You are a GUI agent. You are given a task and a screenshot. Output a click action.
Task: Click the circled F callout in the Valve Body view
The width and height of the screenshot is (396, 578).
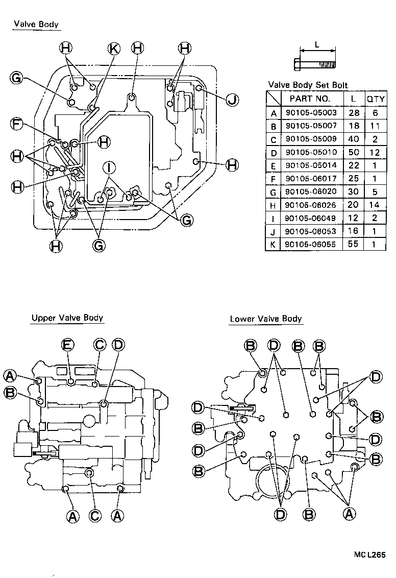tap(17, 123)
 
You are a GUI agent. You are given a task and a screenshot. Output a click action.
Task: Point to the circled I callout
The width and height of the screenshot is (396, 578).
tap(109, 166)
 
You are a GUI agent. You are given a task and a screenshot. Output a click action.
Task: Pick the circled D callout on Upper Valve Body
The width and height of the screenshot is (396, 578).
tap(117, 345)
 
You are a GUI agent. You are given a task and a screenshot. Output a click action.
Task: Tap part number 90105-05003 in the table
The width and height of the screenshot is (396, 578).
tap(310, 112)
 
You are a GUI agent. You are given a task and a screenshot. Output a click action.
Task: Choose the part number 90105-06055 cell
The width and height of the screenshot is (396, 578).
tap(310, 244)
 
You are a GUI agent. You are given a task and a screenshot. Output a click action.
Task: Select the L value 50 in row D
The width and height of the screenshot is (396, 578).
tap(353, 152)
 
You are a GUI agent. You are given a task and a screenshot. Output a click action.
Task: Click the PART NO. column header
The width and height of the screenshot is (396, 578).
tap(310, 99)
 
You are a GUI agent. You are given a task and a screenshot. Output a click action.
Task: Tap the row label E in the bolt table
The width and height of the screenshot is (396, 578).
tap(274, 165)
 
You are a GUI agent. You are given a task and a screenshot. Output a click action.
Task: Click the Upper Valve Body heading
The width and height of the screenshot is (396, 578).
tap(67, 318)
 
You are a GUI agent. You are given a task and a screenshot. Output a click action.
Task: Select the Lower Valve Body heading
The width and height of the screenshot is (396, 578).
tap(266, 319)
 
